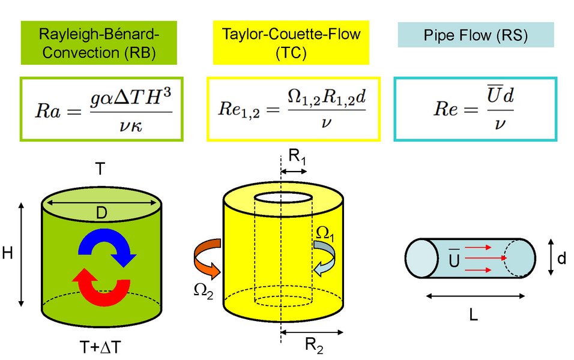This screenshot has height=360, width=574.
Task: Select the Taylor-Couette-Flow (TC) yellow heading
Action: point(291,43)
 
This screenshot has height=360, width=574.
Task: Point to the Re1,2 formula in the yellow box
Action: point(292,109)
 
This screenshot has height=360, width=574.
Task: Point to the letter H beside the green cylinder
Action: point(8,254)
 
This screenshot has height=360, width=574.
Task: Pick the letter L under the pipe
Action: point(473,314)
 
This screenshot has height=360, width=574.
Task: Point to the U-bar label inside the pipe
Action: point(454,259)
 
